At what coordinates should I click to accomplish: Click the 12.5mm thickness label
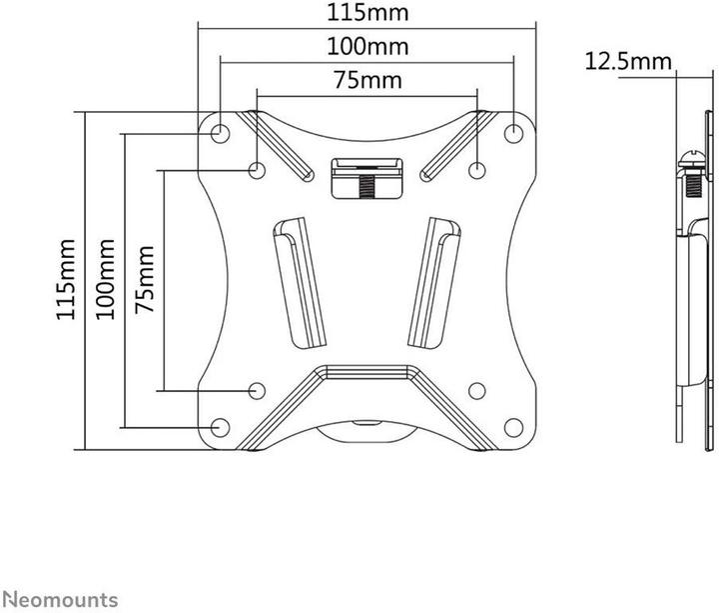point(627,62)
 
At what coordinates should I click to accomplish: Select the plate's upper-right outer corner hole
point(513,132)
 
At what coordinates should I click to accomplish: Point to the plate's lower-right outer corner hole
point(513,428)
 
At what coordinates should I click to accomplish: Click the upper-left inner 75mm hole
point(258,170)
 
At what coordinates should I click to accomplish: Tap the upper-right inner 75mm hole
point(476,170)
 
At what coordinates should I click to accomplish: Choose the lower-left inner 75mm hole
point(258,390)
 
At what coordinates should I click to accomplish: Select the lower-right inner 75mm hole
point(476,390)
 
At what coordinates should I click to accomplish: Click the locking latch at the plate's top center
point(366,177)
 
